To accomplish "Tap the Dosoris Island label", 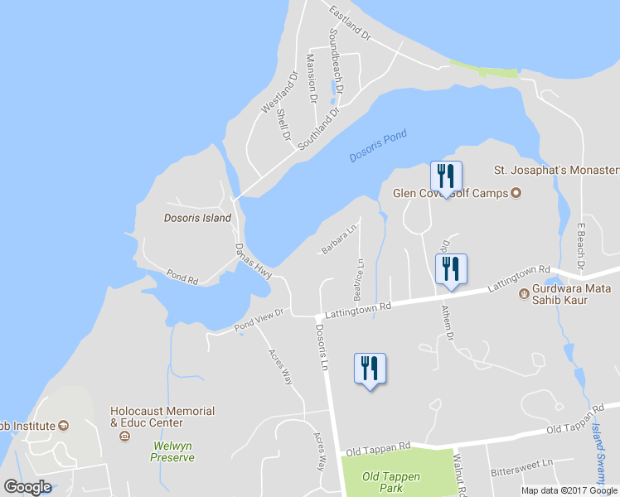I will [x=197, y=219].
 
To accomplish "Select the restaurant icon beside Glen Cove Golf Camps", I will [x=446, y=176].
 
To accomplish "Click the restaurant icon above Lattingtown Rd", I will [x=451, y=269].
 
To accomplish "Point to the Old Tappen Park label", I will [x=391, y=482].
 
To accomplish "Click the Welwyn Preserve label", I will [x=172, y=451].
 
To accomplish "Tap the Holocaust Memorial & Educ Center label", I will [x=162, y=417].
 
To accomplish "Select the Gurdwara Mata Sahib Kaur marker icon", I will [x=524, y=294].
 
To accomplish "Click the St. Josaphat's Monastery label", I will [x=556, y=171].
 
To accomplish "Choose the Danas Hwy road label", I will [x=253, y=261].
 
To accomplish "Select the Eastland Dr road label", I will [x=351, y=20].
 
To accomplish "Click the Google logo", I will [x=27, y=487].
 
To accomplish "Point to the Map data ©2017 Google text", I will [x=569, y=490].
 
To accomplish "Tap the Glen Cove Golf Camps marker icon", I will [x=515, y=194].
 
